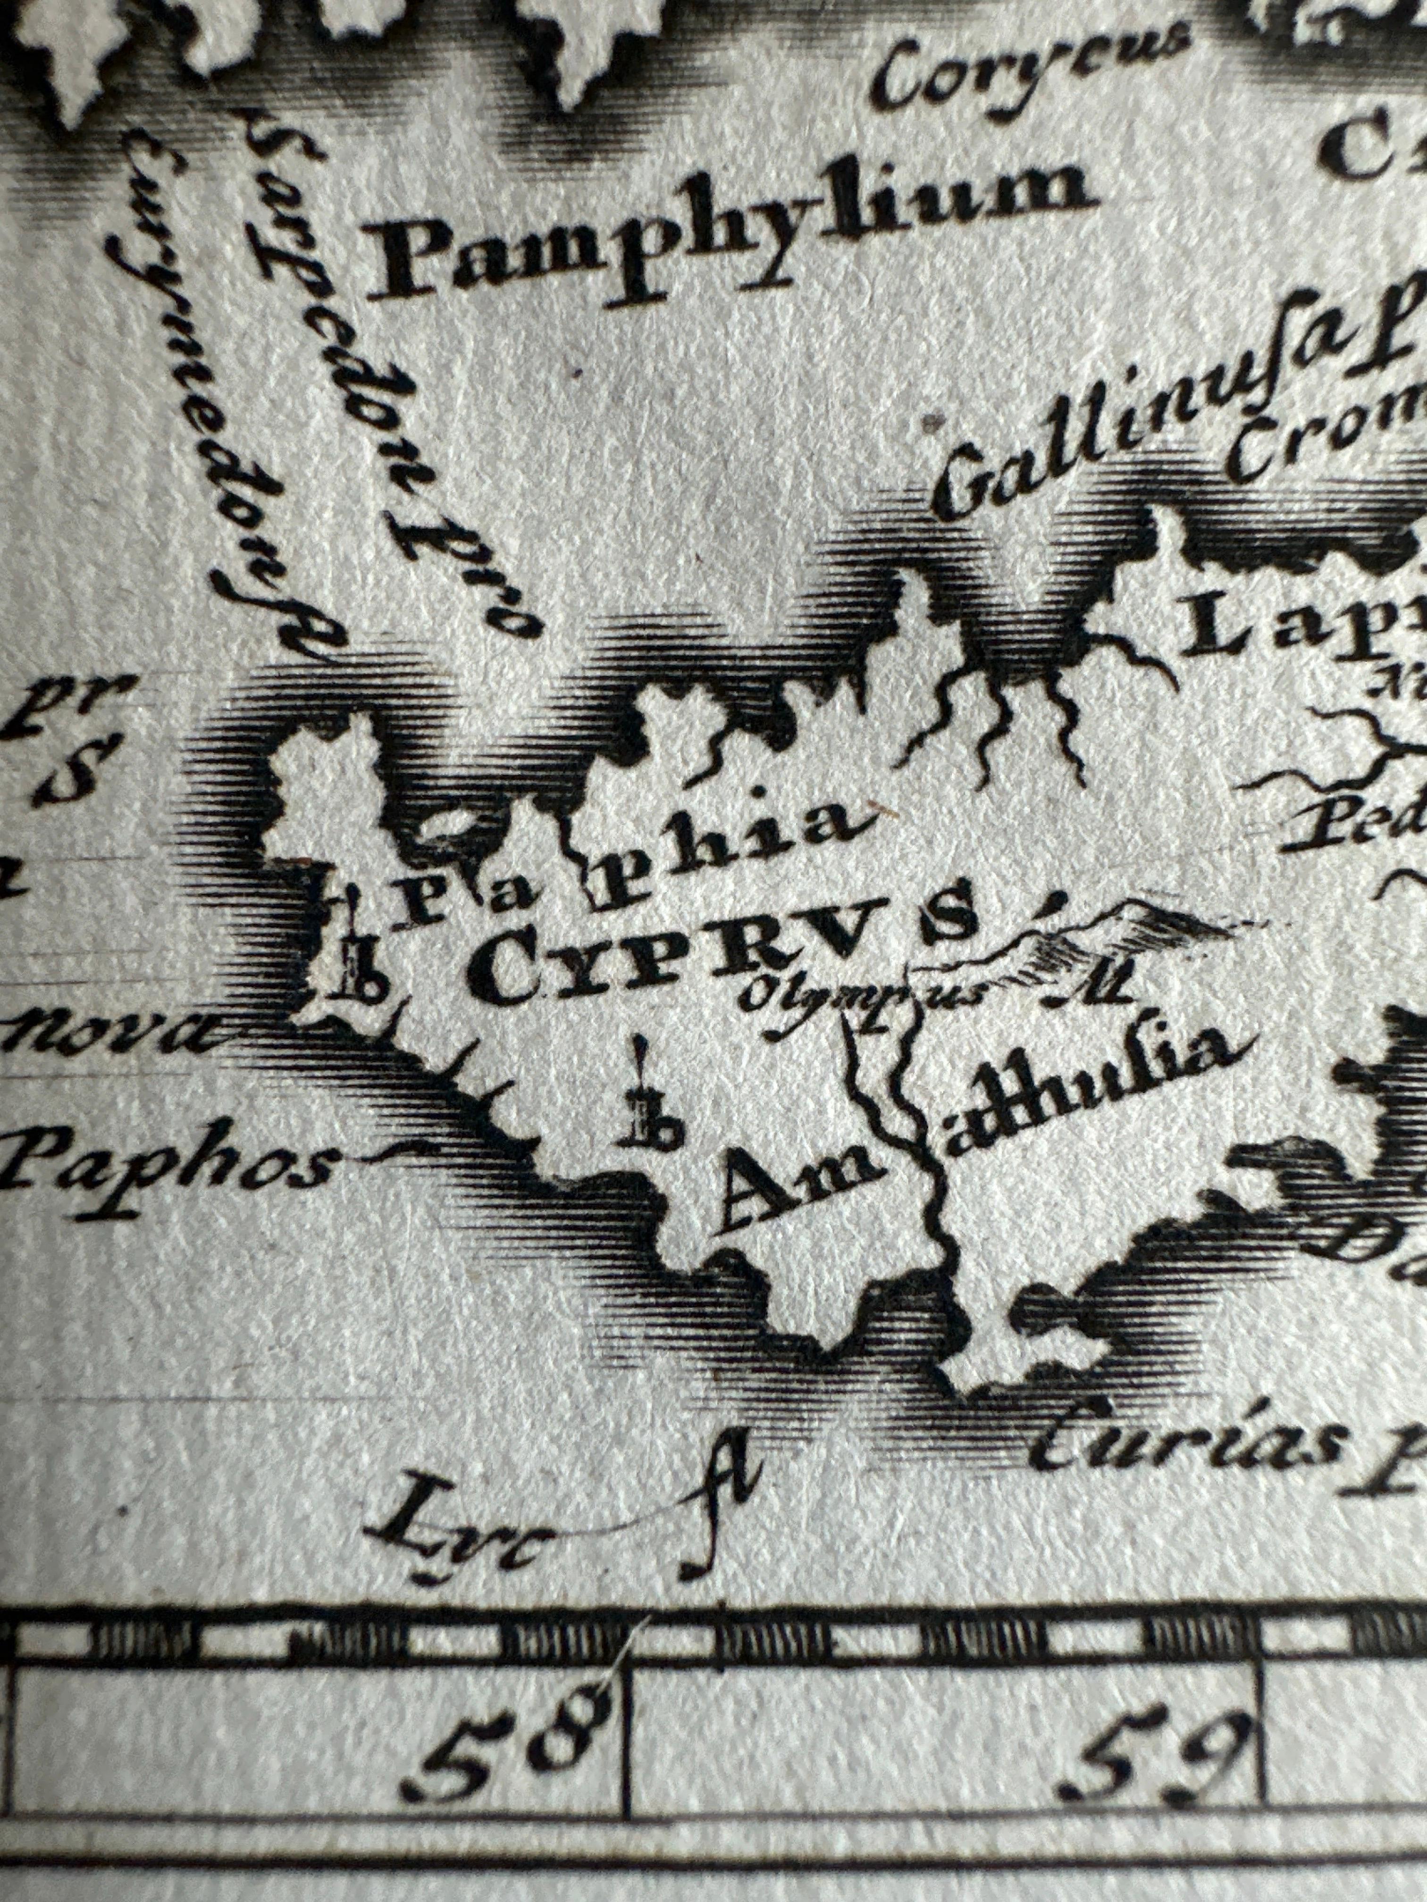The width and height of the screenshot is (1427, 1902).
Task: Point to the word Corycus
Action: pyautogui.click(x=1032, y=65)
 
